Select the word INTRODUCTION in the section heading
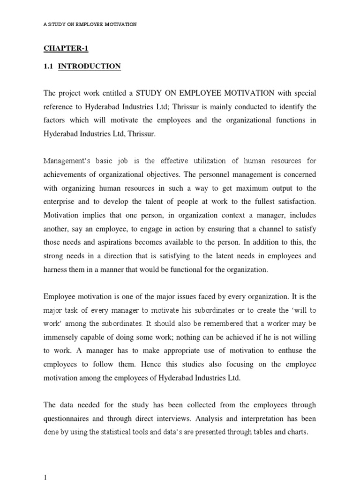tap(90, 67)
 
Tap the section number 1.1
tap(49, 67)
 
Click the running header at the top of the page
tap(90, 24)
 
